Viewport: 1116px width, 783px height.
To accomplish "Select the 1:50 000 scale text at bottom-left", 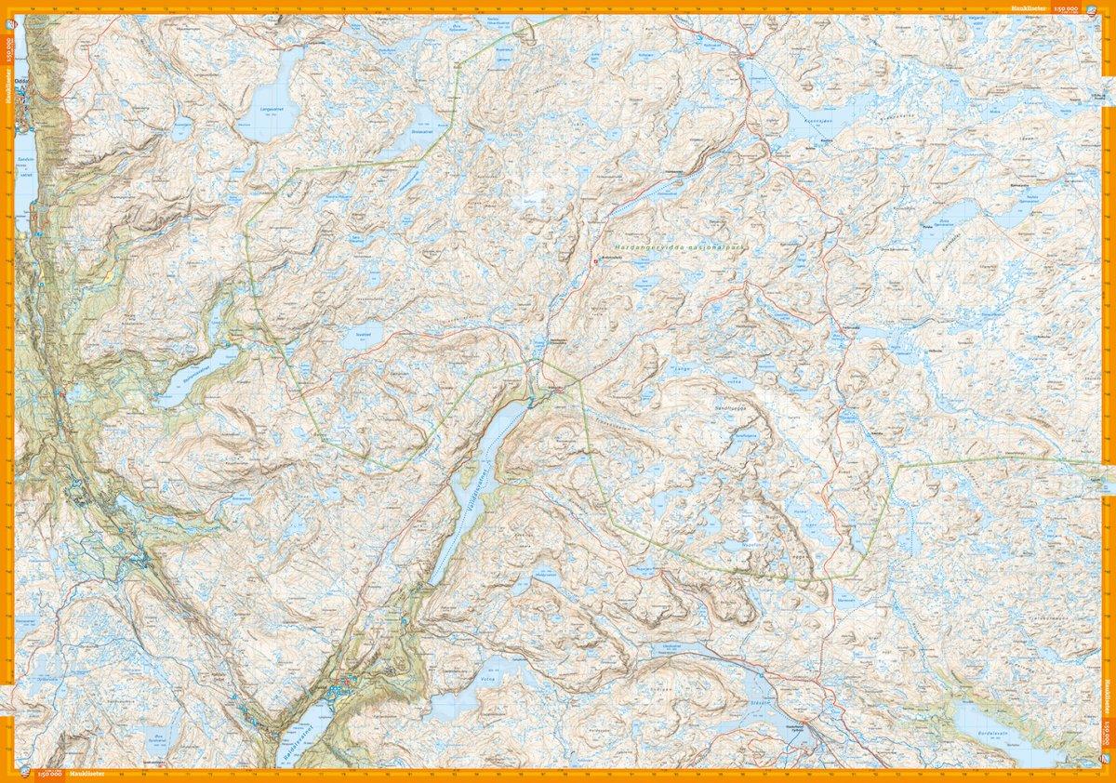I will coord(48,774).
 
